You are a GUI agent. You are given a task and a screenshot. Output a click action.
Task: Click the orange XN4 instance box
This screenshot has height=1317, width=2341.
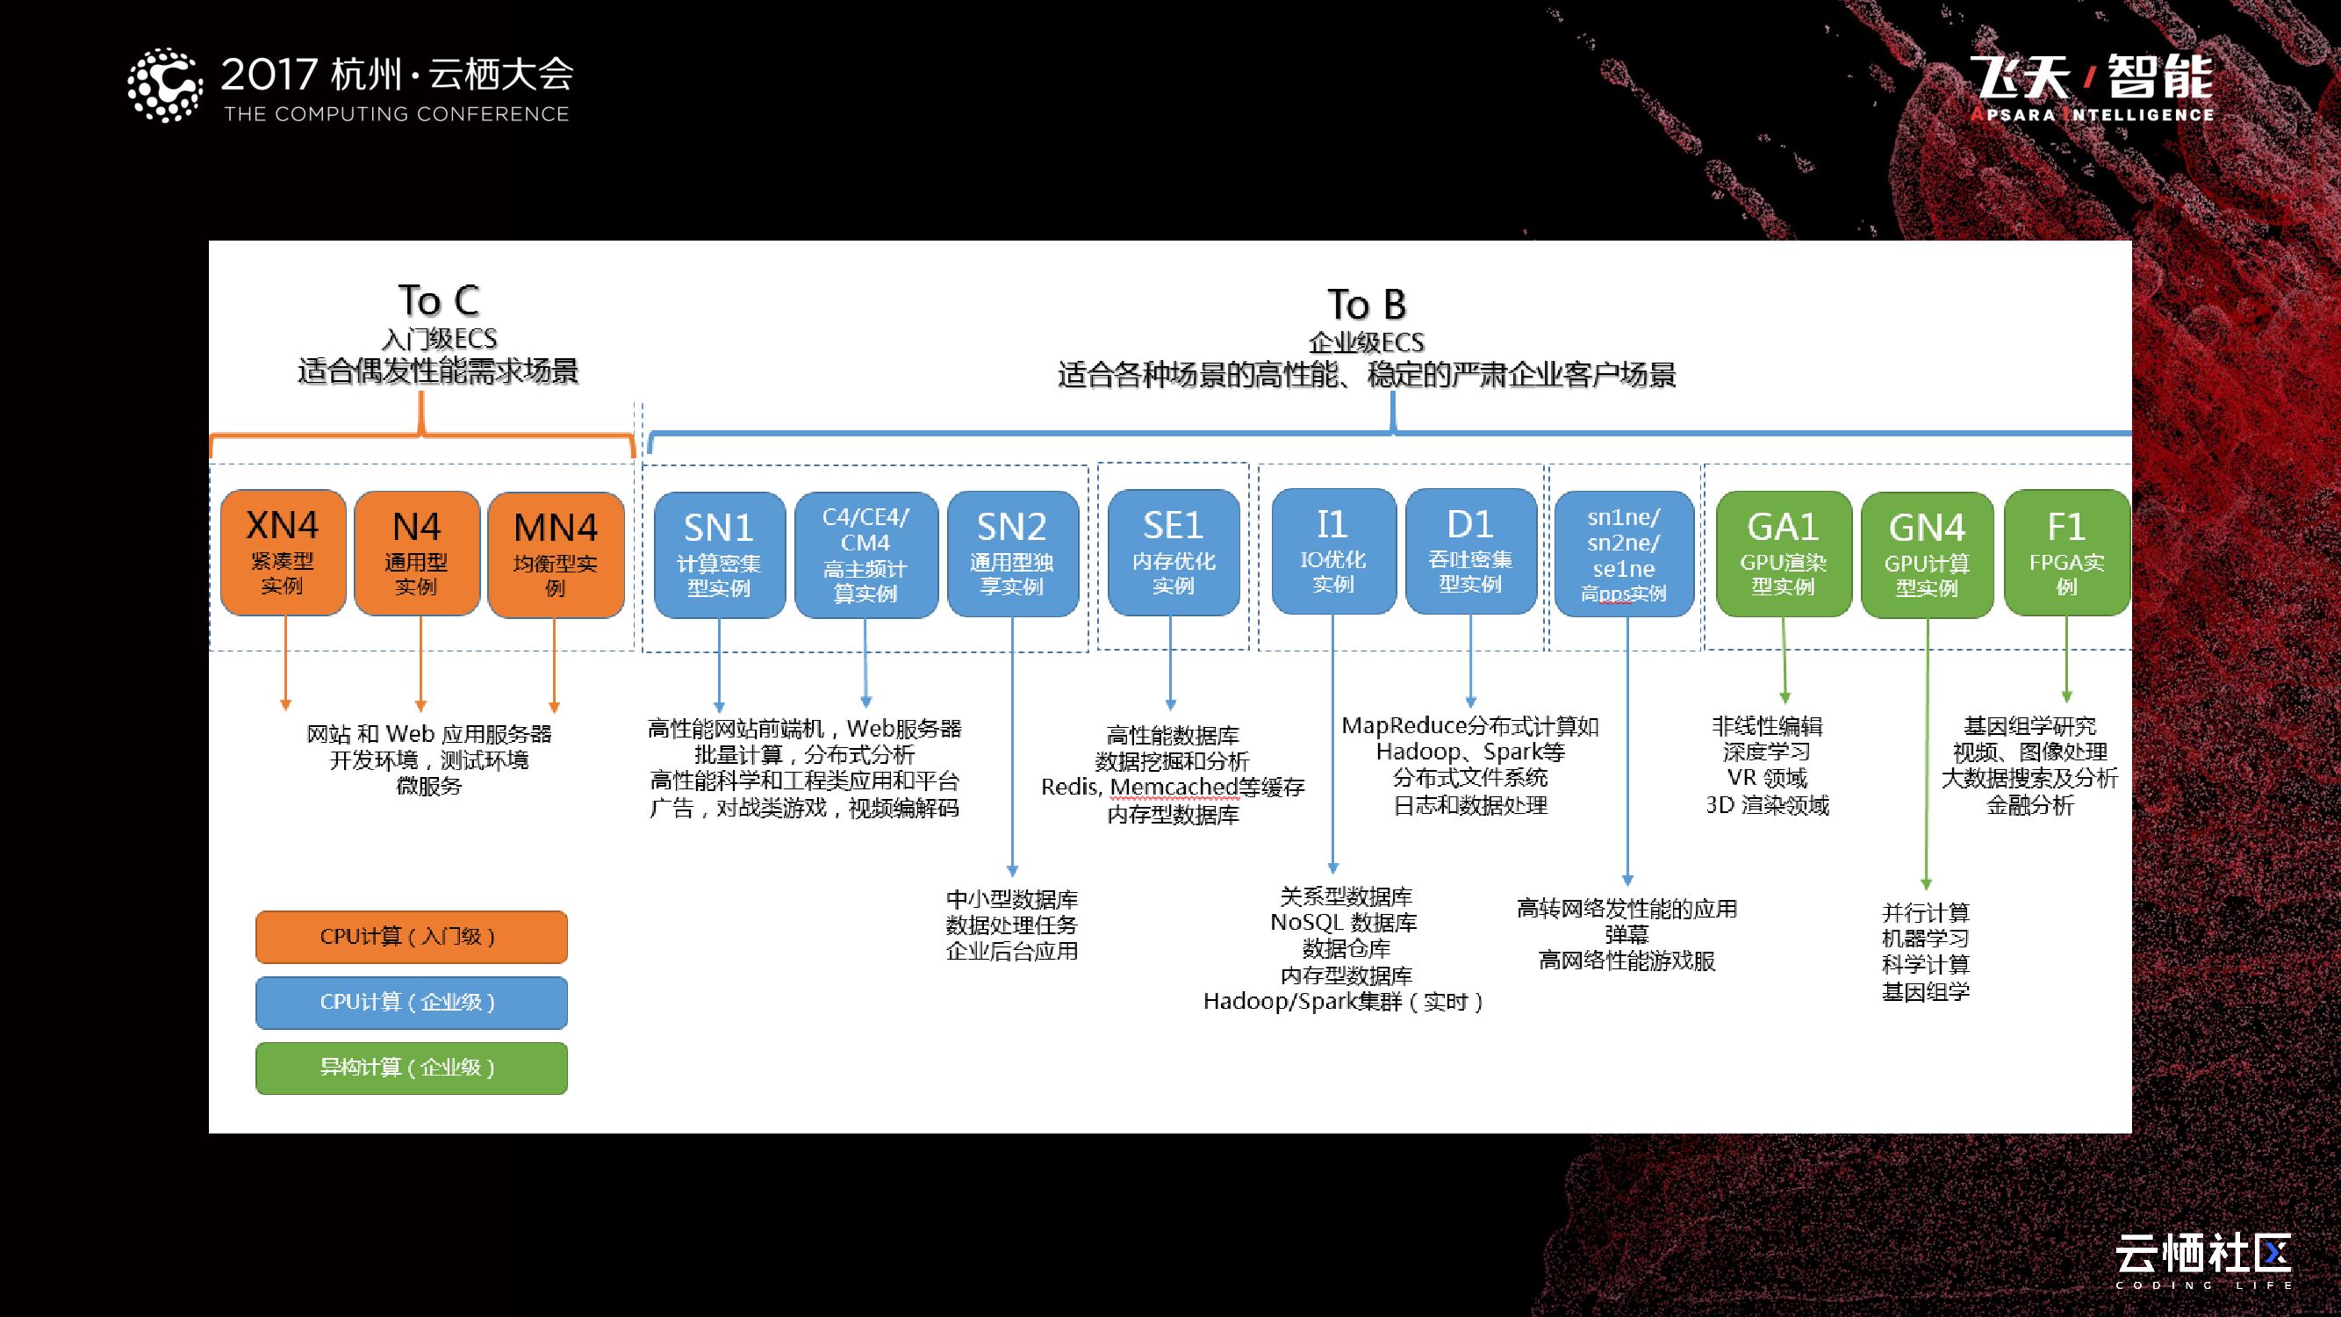(283, 552)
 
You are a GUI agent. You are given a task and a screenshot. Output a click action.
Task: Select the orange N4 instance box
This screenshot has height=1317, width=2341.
(416, 552)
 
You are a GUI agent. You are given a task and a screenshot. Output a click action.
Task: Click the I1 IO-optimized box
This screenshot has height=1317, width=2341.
(1332, 551)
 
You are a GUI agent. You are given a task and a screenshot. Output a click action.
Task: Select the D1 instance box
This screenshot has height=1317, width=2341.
(1469, 551)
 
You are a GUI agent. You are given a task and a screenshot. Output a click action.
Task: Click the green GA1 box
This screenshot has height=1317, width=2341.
(1782, 553)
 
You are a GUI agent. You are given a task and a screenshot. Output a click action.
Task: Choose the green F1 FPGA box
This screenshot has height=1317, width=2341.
(2065, 553)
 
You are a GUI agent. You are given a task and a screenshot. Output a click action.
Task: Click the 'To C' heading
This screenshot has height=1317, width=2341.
(438, 301)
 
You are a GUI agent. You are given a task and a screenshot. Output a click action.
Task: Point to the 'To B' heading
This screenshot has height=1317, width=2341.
(1366, 305)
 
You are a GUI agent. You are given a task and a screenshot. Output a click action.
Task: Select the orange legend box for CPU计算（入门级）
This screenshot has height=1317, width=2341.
(411, 937)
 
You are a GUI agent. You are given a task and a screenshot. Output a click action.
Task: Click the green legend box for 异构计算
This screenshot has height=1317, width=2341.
(411, 1068)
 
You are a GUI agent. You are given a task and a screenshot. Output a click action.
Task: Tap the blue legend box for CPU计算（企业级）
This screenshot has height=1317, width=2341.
(411, 1003)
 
